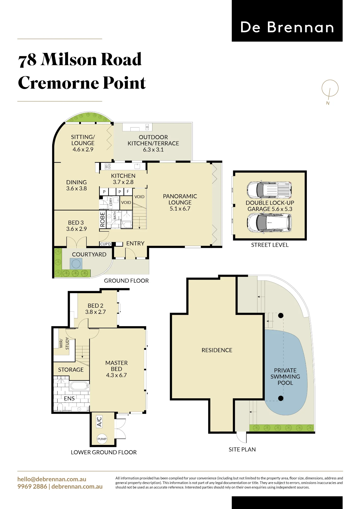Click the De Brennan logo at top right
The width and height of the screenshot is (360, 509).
pos(287,21)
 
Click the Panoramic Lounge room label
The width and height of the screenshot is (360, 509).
pos(180,202)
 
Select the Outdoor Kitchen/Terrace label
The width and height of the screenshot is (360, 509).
pos(153,143)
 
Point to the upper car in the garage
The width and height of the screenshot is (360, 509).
pos(269,190)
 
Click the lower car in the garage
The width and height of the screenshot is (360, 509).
pos(269,223)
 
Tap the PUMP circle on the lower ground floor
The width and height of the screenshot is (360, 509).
pos(102,439)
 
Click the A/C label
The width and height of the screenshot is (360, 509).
pos(99,421)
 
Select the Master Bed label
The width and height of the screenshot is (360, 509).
pos(116,369)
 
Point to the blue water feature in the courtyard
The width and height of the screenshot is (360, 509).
pos(76,264)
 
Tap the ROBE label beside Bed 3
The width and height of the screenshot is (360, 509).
pos(103,219)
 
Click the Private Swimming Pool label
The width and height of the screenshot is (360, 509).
pos(285,376)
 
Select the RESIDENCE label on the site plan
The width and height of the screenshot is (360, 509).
pos(217,350)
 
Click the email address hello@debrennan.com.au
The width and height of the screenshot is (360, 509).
pos(52,479)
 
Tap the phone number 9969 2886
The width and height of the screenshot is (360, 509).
pos(32,486)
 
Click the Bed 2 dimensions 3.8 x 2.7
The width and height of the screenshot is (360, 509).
pos(95,312)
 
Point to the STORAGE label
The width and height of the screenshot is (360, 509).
pos(71,370)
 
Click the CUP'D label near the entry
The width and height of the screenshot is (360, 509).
pos(106,244)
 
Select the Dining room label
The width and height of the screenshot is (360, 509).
pos(76,185)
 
